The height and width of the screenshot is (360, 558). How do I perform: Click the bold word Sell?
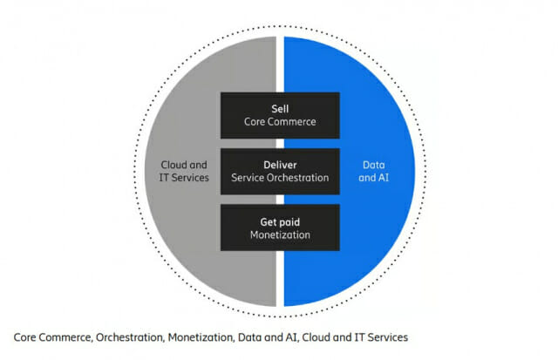tap(280, 108)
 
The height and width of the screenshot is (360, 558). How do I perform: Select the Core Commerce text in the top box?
tap(280, 123)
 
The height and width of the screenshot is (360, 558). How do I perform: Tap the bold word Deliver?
tap(280, 163)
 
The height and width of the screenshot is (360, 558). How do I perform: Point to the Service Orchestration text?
tap(280, 178)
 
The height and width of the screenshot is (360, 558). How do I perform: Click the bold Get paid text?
tap(280, 220)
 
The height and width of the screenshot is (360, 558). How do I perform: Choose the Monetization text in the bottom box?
tap(280, 234)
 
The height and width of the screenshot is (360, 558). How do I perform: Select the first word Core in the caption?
tap(24, 336)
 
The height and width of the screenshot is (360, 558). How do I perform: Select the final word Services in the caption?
tap(386, 336)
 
